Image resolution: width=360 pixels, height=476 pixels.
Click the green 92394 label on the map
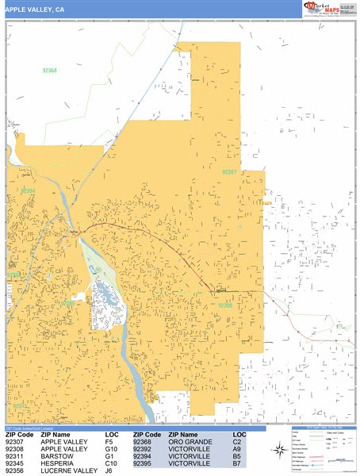[x=29, y=190]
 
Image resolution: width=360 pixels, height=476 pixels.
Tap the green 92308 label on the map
[x=225, y=305]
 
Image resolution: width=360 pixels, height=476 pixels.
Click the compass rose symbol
[x=280, y=451]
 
